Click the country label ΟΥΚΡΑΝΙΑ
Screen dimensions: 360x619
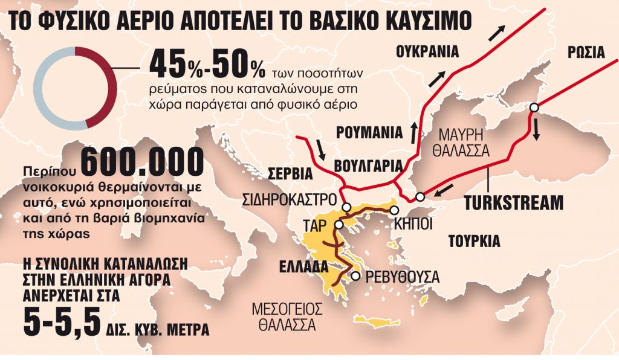pos(427,51)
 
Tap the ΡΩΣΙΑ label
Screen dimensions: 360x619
pos(586,52)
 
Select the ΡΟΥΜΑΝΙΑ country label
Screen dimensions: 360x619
pos(369,132)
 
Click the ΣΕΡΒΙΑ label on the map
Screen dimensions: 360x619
pos(290,175)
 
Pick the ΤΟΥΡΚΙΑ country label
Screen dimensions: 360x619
pos(474,242)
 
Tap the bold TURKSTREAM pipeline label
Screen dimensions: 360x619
pos(513,202)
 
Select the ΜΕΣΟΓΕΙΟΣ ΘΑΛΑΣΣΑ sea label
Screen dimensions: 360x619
pos(287,316)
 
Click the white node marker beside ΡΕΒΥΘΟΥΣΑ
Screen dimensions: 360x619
pos(356,276)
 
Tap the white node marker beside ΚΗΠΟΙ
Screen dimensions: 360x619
pos(394,210)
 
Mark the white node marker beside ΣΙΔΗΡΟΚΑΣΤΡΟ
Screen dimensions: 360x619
pos(346,207)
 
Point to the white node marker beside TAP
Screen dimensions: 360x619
pos(338,224)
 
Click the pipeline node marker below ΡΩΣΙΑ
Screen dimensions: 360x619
pos(534,108)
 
